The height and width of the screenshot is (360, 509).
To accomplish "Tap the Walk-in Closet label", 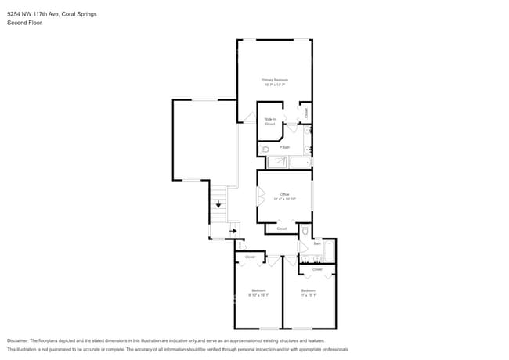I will (x=269, y=121).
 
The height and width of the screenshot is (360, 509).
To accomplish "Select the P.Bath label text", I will (x=285, y=147).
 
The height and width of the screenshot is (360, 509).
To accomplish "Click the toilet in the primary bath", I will (x=265, y=148).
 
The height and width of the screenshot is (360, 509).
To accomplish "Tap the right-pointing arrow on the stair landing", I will (x=233, y=231).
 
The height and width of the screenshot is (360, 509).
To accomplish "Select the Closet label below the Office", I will (x=281, y=229).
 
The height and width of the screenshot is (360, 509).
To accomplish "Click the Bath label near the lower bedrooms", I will (x=317, y=243).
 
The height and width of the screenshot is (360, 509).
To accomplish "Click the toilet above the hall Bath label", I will (x=305, y=231).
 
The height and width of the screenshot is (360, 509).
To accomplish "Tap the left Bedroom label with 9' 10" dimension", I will (x=258, y=293).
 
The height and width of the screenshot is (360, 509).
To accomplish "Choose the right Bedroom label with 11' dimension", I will (x=309, y=293).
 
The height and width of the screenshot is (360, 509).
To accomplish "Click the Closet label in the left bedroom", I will (x=250, y=257).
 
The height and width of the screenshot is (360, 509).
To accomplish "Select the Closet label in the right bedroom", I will (x=317, y=269).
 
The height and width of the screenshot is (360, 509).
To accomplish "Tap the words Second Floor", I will (x=24, y=23).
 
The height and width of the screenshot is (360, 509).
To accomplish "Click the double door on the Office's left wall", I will (x=260, y=196).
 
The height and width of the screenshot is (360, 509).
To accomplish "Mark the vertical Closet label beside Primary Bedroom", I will (x=306, y=113).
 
